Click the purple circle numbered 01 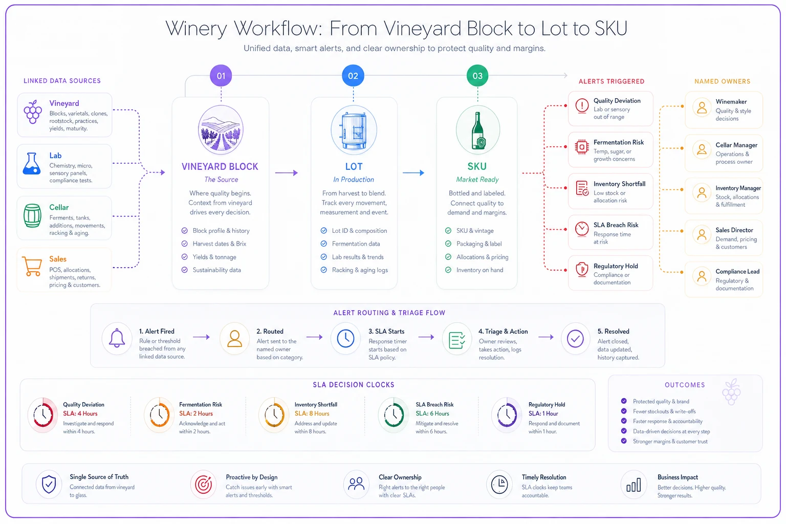coord(221,75)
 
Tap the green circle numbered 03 coord(477,75)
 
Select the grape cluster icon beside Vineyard coord(33,112)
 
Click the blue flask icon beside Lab coord(32,163)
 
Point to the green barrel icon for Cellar coord(32,215)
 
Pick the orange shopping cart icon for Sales coord(32,266)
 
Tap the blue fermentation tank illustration coord(354,130)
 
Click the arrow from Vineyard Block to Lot coord(287,172)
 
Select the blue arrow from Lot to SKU coord(413,172)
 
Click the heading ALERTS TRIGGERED coord(612,81)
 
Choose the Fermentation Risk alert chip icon coord(582,147)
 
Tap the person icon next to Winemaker coord(702,107)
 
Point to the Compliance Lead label coord(737,271)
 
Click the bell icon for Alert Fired coord(117,338)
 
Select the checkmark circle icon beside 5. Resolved coord(575,338)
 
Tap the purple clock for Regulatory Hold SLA coord(506,414)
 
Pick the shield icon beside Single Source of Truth coord(49,485)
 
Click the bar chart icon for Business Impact coord(634,485)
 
